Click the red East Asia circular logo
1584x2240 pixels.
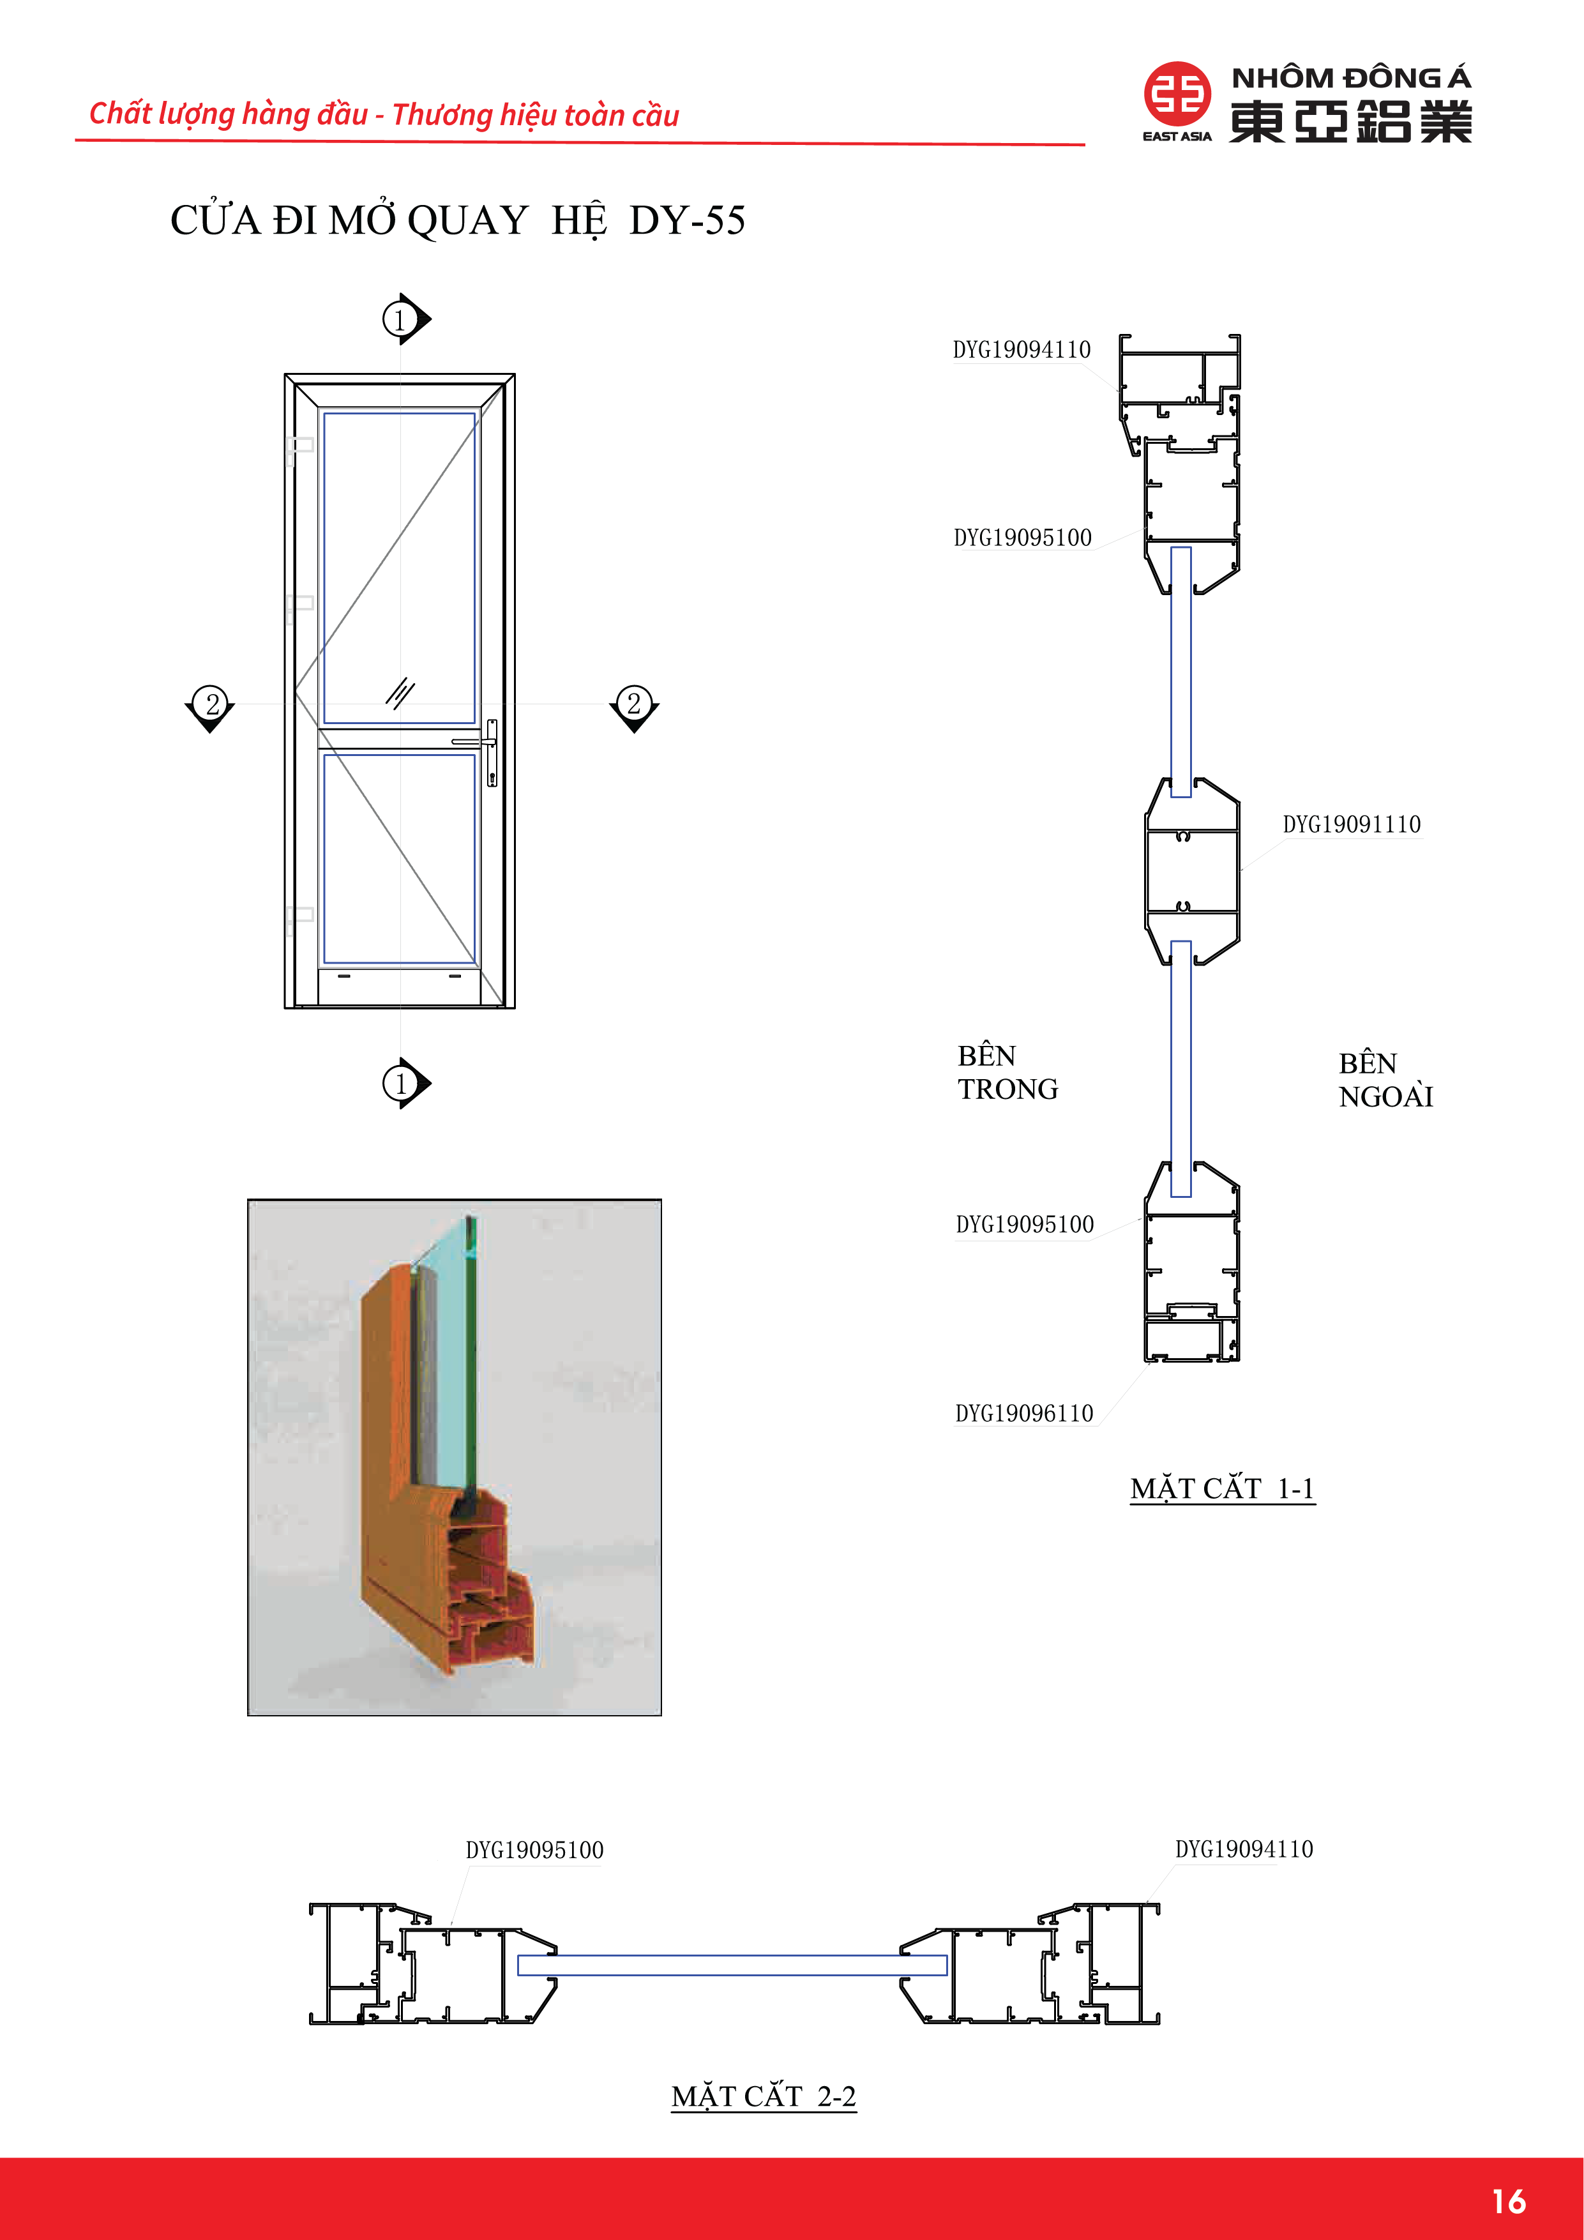click(1177, 95)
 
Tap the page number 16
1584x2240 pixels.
click(1508, 2201)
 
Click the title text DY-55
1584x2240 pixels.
click(687, 220)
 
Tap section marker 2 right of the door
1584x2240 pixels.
click(634, 704)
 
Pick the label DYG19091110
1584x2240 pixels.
click(1351, 824)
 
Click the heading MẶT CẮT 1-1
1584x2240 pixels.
click(1222, 1489)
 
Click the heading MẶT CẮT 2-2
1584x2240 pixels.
click(764, 2096)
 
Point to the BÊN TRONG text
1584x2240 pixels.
click(1007, 1072)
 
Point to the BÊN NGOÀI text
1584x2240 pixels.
click(1385, 1080)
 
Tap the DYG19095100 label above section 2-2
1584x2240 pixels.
click(534, 1850)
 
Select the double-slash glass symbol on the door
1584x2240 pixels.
click(400, 693)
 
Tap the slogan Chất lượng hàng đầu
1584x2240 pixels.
click(228, 114)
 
